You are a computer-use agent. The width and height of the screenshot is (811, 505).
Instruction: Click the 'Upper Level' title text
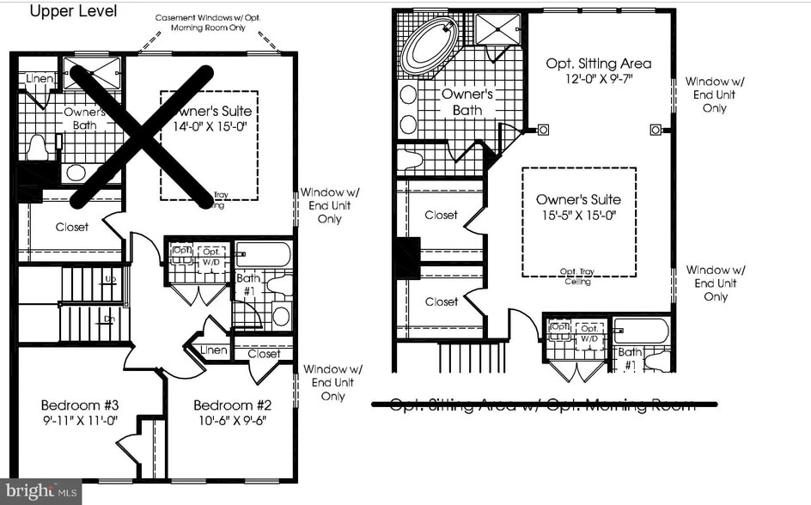pos(73,11)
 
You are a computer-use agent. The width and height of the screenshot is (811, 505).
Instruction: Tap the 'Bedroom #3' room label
pos(79,405)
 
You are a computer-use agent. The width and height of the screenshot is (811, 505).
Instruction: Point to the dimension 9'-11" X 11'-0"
pos(79,422)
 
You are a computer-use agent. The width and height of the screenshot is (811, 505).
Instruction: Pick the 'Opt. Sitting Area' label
pos(599,64)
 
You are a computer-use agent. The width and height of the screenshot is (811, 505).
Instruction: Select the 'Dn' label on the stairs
pos(111,319)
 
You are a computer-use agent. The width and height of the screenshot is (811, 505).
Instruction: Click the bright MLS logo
pos(40,492)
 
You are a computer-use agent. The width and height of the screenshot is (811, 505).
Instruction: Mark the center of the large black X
pos(142,136)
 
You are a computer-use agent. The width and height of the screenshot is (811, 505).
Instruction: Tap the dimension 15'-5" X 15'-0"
pos(578,214)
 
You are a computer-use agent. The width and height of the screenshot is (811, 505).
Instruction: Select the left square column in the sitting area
pos(543,131)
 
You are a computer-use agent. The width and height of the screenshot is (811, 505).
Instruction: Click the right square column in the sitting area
pos(656,131)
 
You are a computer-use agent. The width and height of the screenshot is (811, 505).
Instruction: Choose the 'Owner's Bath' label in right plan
pos(466,102)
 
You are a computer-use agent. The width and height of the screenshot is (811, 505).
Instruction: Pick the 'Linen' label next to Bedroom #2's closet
pos(213,350)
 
